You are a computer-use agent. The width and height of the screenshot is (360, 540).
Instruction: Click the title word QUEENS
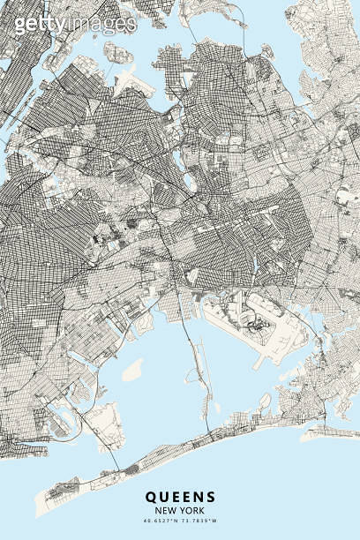click(180, 498)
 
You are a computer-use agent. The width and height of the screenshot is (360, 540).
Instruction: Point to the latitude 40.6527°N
click(160, 523)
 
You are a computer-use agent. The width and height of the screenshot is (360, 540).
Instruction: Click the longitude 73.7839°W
click(200, 523)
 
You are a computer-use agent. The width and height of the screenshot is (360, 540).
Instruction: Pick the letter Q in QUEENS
click(152, 498)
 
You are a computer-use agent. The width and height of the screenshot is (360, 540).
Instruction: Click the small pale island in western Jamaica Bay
click(132, 371)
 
